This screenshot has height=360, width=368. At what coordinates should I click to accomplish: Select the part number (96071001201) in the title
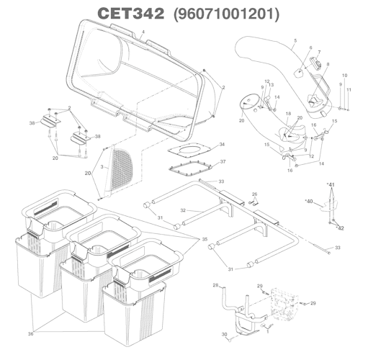pos(227,14)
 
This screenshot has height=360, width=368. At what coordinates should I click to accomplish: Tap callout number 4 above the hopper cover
pos(143,33)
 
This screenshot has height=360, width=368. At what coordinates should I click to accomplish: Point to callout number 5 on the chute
pos(295,42)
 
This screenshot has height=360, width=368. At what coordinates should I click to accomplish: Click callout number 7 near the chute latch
pos(320,53)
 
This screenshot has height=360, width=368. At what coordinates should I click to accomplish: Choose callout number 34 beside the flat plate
pos(223,145)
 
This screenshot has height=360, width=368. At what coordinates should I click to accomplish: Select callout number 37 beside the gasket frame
pos(223,162)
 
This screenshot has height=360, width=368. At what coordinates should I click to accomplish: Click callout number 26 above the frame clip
pos(254,194)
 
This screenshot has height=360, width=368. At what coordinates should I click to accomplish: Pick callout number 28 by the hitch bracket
pos(215,286)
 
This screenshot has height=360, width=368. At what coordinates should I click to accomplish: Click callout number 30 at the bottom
pos(224,336)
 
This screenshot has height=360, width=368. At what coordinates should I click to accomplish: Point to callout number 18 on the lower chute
pos(287,114)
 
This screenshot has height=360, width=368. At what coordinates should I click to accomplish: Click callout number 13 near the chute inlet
pos(271,85)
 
